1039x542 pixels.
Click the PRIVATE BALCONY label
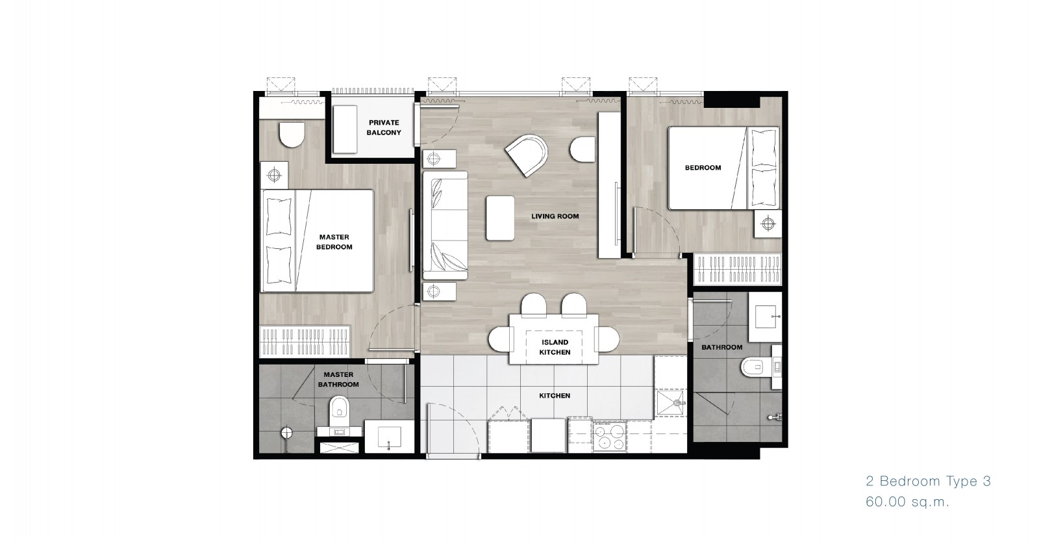coord(384,127)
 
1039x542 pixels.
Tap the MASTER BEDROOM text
coord(334,242)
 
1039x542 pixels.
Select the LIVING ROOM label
coord(555,216)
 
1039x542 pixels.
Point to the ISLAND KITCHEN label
coord(555,347)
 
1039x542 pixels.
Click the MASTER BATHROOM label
coord(338,380)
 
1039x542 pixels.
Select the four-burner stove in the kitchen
coord(609,436)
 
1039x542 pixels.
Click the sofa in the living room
coord(444,226)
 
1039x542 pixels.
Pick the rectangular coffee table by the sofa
coord(500,218)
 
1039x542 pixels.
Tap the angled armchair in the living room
coord(527,155)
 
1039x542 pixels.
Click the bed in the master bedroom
coord(317,241)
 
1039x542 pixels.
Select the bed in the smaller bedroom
coord(723,168)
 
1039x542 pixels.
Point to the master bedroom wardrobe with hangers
coord(305,341)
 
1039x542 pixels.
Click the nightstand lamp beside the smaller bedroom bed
coord(768,224)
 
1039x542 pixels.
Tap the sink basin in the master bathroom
coord(389,437)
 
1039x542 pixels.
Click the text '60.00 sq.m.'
coord(907,502)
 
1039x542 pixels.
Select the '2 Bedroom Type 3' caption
coord(928,481)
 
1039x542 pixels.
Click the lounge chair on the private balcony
coord(345,129)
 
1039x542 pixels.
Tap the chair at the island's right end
coord(607,339)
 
